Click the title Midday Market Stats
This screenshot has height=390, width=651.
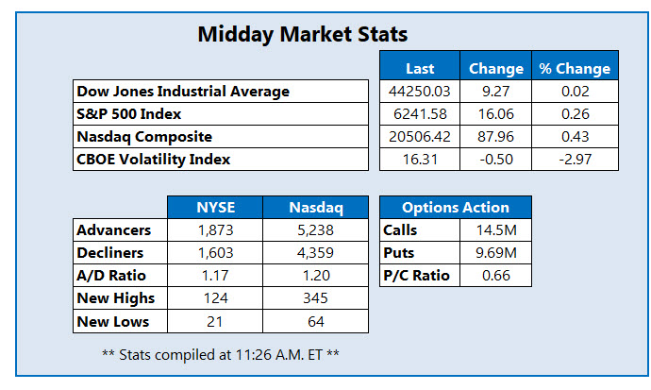click(302, 35)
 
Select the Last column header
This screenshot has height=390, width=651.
click(420, 68)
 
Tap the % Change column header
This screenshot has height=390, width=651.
click(574, 68)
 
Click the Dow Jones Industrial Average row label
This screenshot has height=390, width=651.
click(183, 92)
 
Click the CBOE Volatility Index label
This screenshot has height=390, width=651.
click(154, 160)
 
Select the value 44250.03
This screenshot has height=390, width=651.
click(420, 92)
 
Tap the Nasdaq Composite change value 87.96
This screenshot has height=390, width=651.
click(495, 137)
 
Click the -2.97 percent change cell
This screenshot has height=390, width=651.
click(574, 160)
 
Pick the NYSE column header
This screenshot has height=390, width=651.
click(214, 207)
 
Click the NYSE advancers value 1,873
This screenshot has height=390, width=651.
click(214, 230)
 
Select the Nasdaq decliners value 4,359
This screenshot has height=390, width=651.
click(310, 253)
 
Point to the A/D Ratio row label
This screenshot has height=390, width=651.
click(111, 276)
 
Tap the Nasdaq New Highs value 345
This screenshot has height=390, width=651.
click(310, 298)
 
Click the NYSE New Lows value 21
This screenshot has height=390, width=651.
click(214, 321)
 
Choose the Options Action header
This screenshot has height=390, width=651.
click(456, 207)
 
